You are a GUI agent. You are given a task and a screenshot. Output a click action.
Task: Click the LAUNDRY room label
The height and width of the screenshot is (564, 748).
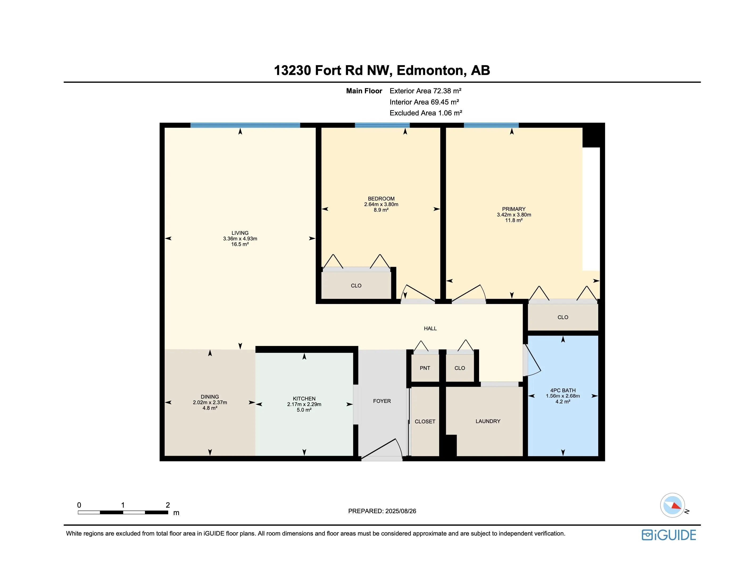(488, 421)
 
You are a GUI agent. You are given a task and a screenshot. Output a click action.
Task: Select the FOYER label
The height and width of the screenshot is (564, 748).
(382, 401)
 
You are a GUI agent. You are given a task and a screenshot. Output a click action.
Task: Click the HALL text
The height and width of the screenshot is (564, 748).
(430, 328)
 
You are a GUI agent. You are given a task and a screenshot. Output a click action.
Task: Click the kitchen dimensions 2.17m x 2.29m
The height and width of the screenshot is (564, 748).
(304, 404)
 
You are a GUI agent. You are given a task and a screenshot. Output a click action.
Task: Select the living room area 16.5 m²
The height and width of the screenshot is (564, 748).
(240, 244)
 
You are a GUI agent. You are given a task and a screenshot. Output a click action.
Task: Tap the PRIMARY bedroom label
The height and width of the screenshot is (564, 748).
(514, 209)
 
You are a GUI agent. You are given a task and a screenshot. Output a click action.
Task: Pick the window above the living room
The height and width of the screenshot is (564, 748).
(245, 125)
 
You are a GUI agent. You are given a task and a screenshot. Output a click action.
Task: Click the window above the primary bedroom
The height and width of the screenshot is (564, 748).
(491, 125)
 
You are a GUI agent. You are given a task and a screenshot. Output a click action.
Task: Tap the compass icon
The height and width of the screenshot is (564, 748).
(672, 505)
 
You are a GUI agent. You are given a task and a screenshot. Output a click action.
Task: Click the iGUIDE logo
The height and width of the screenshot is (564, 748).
(668, 535)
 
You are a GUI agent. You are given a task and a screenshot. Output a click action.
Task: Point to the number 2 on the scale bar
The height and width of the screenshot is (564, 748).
(168, 505)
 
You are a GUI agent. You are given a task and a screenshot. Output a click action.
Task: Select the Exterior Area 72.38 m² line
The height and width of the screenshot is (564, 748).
(425, 91)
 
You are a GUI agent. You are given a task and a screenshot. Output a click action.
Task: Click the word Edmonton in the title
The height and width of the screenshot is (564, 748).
(429, 70)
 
